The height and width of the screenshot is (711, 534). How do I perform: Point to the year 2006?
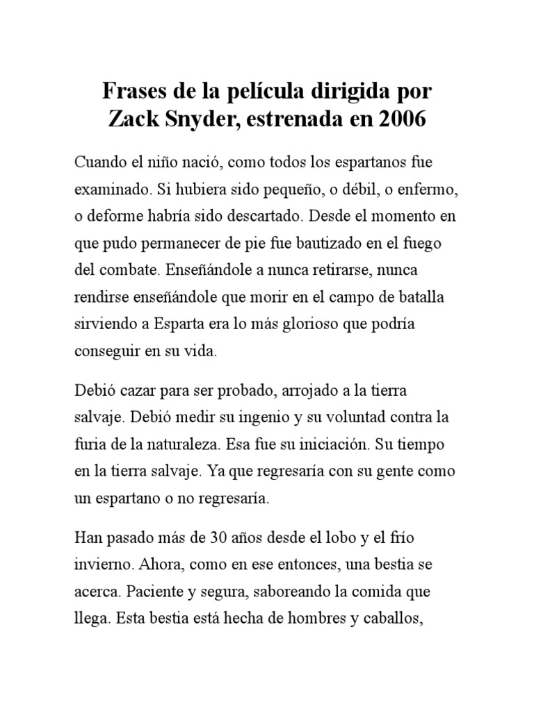pyautogui.click(x=400, y=119)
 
